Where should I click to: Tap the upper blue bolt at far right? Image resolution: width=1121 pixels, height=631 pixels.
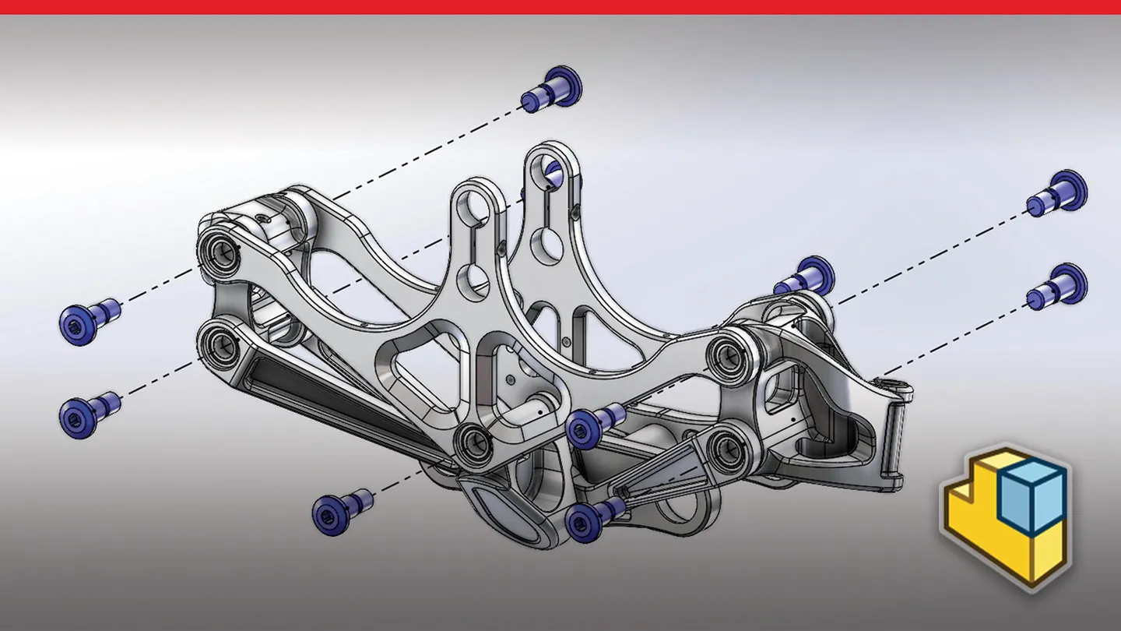click(1058, 193)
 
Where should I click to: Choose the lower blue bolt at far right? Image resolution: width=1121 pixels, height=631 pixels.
click(1058, 286)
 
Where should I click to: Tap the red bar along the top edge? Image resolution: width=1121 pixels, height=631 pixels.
click(560, 7)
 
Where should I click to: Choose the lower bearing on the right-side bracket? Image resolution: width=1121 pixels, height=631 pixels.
click(729, 445)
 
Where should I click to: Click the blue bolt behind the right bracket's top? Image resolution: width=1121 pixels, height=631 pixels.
click(805, 277)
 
